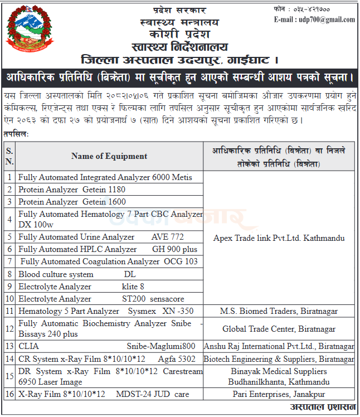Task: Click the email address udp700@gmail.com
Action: (322, 20)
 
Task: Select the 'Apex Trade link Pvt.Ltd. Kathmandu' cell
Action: (279, 238)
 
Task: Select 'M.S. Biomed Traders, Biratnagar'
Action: (279, 311)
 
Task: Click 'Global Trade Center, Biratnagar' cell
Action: (279, 329)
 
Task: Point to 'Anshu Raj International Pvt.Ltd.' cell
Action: (279, 347)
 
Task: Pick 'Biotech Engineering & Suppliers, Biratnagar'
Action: (279, 359)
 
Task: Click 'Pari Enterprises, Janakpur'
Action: (279, 395)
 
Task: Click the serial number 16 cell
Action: (9, 395)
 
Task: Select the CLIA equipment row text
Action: (106, 347)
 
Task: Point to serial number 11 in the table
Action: (9, 311)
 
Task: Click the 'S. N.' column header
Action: (9, 156)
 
